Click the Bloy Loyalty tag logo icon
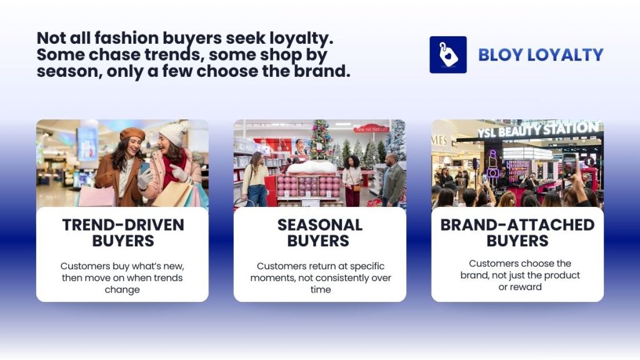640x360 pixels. [x=448, y=55]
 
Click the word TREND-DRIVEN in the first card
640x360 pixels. [x=123, y=225]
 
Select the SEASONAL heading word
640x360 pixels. [x=320, y=225]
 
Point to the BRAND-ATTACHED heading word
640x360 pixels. [x=517, y=225]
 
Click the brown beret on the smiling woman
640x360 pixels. [x=132, y=134]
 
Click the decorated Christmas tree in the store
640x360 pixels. [x=321, y=141]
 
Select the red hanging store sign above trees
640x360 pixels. [x=371, y=128]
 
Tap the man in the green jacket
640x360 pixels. [x=392, y=180]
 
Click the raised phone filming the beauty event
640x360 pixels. [x=570, y=165]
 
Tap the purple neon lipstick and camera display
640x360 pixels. [x=493, y=164]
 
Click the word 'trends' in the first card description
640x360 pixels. [x=164, y=277]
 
